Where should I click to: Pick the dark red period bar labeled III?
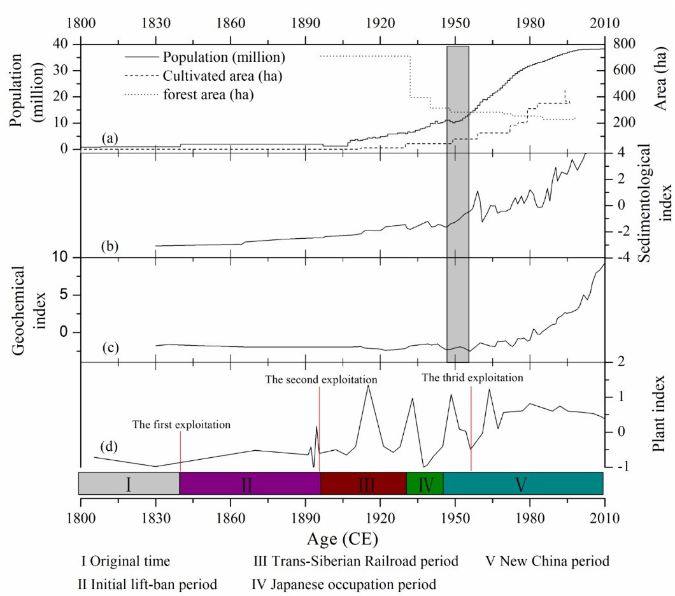coord(363,484)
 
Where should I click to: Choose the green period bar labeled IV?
coord(425,484)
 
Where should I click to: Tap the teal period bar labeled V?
coord(523,484)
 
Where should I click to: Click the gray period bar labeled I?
coord(129,484)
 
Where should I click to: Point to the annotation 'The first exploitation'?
coord(181,425)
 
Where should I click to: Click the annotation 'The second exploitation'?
coord(322,380)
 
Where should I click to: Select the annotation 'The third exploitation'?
coord(472,378)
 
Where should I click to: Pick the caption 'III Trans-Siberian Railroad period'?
coord(355,562)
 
